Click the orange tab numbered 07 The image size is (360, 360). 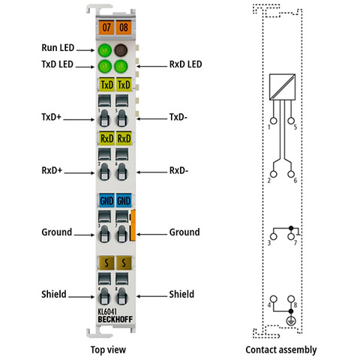[x=106, y=27]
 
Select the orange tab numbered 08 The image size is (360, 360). [x=124, y=27]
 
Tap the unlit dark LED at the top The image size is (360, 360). [x=121, y=50]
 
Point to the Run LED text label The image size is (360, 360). [x=58, y=48]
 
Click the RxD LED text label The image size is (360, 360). [x=185, y=64]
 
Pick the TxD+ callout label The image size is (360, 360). [x=51, y=117]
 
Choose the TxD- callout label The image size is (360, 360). [x=178, y=117]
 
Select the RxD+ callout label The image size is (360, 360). [x=52, y=170]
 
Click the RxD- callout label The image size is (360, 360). [x=178, y=170]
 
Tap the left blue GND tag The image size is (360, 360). [x=106, y=200]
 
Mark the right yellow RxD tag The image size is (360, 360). [x=124, y=138]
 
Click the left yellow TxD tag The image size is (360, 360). [x=106, y=85]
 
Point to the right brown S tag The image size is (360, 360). [x=124, y=262]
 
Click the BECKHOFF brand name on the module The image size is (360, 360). [x=115, y=319]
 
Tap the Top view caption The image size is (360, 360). [x=108, y=349]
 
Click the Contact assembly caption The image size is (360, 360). [x=281, y=349]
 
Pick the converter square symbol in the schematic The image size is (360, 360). [x=282, y=87]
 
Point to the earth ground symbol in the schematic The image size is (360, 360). [x=291, y=321]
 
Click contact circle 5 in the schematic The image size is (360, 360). [x=291, y=121]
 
